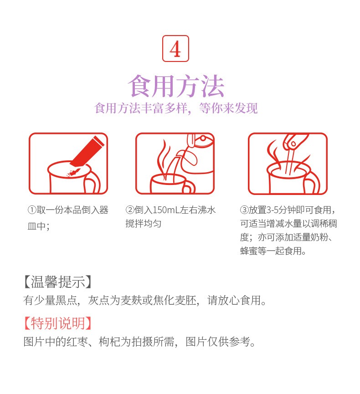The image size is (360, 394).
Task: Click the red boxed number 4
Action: [x=175, y=48]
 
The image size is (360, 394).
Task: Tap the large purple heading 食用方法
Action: [x=176, y=86]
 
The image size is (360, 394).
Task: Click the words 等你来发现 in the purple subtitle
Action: [x=228, y=108]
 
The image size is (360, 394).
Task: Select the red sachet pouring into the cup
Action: [x=87, y=151]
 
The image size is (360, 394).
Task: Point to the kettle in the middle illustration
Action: [x=200, y=154]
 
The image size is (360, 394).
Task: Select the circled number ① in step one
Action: [x=32, y=210]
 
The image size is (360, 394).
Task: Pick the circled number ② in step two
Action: [x=130, y=210]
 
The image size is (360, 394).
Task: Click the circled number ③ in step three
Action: [x=244, y=210]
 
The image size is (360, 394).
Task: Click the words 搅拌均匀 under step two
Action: [x=143, y=223]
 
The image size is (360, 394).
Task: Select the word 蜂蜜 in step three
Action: [x=249, y=251]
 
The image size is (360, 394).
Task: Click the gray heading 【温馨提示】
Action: [x=57, y=281]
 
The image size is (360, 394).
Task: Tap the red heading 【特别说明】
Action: [x=57, y=323]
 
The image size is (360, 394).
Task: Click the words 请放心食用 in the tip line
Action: [x=234, y=300]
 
